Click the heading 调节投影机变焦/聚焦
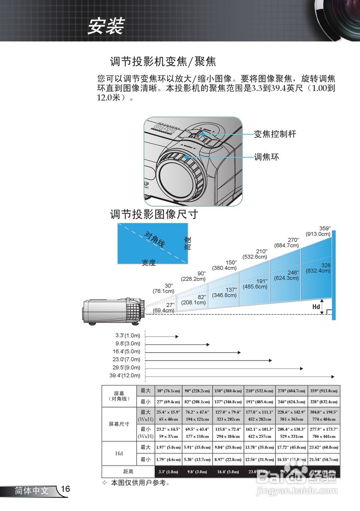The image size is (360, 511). point(163,62)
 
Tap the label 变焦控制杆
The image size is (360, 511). point(275,134)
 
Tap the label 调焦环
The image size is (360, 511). point(267,157)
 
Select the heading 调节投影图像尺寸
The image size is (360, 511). point(154,215)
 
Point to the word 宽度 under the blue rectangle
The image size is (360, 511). point(148,263)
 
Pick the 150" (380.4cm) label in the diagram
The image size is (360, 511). point(225,265)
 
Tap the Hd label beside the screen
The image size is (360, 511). point(316,307)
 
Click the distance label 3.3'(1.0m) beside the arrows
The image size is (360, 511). point(128,336)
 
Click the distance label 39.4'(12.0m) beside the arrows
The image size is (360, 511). point(125,376)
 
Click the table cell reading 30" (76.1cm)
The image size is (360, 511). point(168,391)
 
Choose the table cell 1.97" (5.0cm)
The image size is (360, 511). point(168,448)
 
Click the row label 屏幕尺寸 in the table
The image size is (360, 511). point(119,424)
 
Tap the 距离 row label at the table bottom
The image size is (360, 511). point(119,472)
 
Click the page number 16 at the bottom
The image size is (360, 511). point(66,489)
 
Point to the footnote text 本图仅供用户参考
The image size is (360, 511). point(141,483)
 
